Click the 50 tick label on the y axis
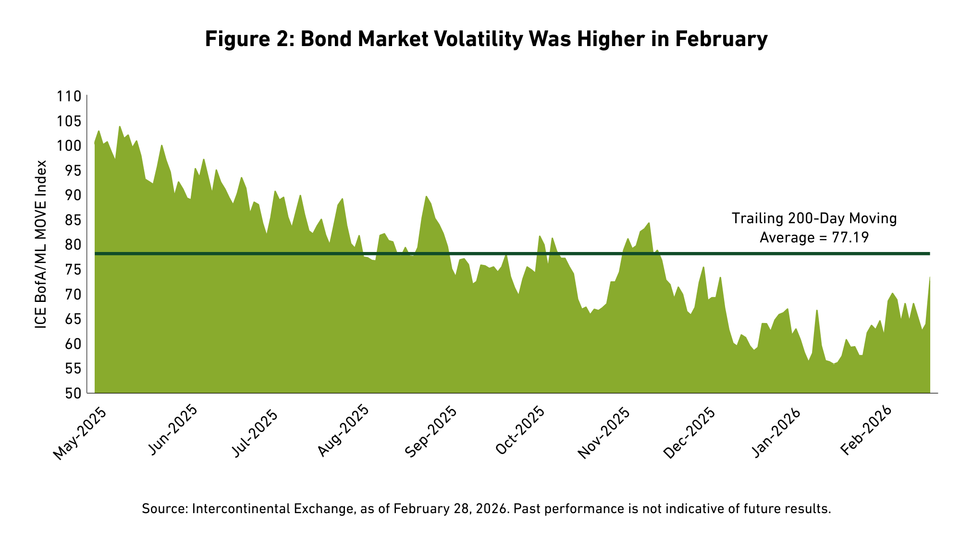[x=72, y=394]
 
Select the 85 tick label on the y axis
[x=72, y=220]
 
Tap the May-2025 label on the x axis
[x=80, y=432]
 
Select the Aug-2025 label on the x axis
[x=344, y=432]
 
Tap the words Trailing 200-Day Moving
[x=814, y=219]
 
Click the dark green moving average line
[x=512, y=253]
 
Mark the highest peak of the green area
[x=120, y=127]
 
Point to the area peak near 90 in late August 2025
[x=426, y=196]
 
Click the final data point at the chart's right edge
[x=930, y=277]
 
